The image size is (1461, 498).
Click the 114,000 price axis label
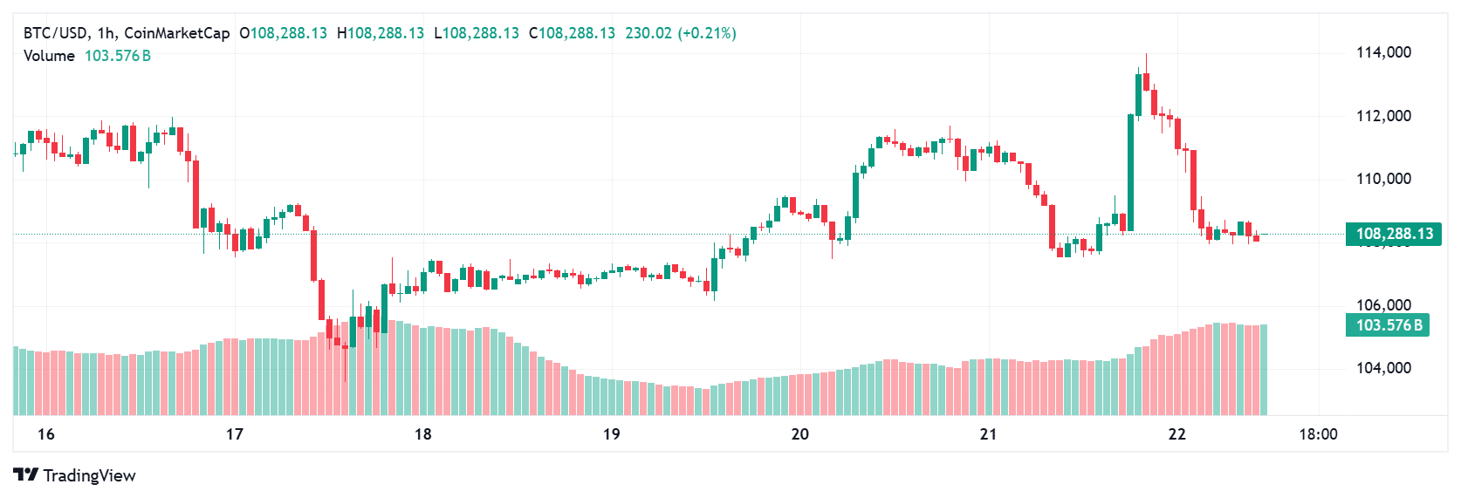tap(1383, 52)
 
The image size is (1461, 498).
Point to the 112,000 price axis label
tap(1383, 116)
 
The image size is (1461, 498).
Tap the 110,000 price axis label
tap(1383, 179)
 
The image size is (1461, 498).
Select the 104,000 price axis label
tap(1383, 368)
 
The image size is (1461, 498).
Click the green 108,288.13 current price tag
tap(1394, 234)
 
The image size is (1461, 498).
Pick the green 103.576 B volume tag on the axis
tap(1389, 325)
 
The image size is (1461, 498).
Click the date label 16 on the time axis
tap(46, 434)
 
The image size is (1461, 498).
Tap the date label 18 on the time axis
tap(423, 434)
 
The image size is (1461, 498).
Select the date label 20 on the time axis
tap(800, 434)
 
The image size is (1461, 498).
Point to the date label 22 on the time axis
tap(1177, 434)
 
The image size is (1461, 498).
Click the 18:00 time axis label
tap(1318, 434)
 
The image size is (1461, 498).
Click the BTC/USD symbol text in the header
tap(55, 33)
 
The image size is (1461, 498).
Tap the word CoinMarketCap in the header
tap(177, 33)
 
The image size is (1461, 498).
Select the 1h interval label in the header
tap(106, 33)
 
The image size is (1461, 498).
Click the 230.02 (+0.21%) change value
tap(681, 33)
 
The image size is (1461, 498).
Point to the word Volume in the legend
tap(49, 56)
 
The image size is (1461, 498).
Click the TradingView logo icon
tap(26, 475)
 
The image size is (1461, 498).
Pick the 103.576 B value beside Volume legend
tap(118, 56)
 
